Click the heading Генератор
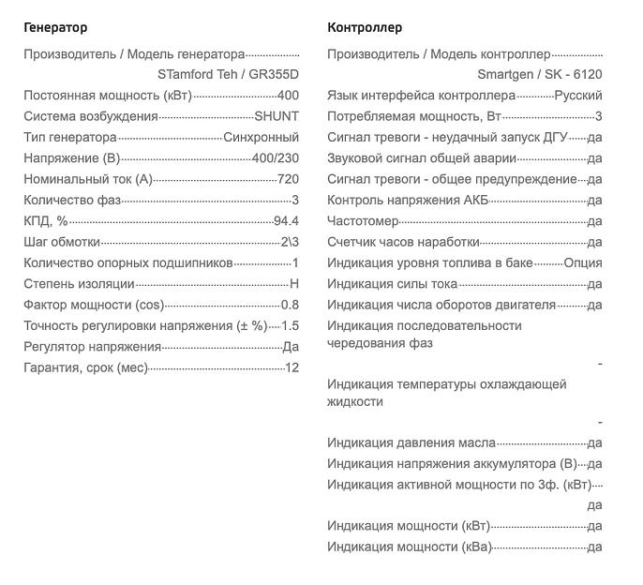(x=55, y=28)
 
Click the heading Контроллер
(x=365, y=28)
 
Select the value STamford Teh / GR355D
(x=228, y=74)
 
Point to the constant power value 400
(x=288, y=96)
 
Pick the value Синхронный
(x=262, y=137)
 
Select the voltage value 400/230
(x=276, y=158)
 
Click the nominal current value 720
(x=288, y=179)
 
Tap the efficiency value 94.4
(x=286, y=221)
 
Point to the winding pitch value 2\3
(x=290, y=242)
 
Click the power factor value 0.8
(x=290, y=305)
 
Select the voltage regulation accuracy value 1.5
(x=290, y=325)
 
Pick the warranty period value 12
(x=292, y=367)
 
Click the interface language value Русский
(x=578, y=96)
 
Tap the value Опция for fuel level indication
(x=582, y=263)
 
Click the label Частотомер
(x=363, y=221)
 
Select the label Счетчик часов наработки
(x=403, y=242)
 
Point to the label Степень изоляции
(x=79, y=284)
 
